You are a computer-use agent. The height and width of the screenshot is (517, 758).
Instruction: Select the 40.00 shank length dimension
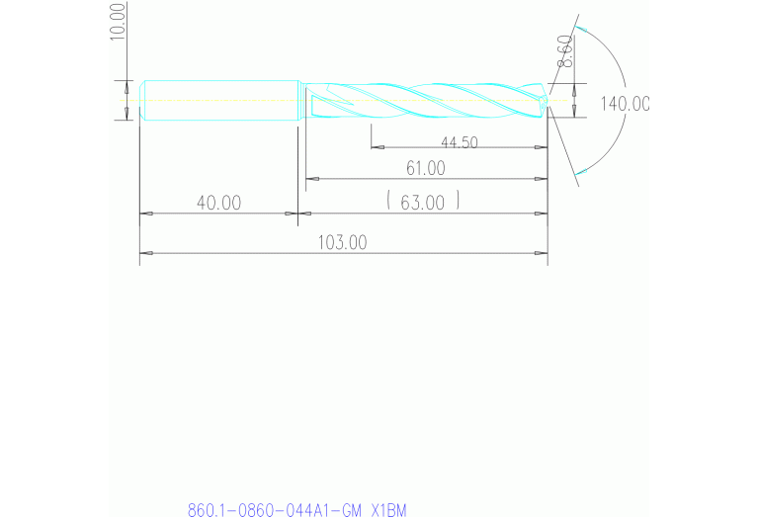point(218,203)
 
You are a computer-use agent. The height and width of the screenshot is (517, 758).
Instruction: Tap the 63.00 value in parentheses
point(423,203)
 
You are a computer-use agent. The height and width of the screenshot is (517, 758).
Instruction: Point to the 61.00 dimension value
point(425,168)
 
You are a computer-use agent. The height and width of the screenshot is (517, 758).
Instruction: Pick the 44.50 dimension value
point(459,142)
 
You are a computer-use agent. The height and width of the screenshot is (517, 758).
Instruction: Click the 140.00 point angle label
point(625,104)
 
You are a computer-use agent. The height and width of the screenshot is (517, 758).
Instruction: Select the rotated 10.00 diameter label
point(119,21)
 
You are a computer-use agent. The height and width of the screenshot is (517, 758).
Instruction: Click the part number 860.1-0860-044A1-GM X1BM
point(296,510)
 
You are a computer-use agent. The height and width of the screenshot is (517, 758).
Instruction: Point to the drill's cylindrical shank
point(219,101)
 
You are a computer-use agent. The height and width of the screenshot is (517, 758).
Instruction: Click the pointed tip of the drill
point(548,100)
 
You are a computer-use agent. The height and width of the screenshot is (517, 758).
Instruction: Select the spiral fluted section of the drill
point(425,100)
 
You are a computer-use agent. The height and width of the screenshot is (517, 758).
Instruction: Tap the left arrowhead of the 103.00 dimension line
point(145,253)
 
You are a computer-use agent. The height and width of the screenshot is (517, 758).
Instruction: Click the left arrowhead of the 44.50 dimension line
point(377,148)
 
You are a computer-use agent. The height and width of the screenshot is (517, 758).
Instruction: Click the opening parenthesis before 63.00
point(390,202)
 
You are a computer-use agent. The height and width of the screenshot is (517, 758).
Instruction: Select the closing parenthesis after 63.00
point(458,202)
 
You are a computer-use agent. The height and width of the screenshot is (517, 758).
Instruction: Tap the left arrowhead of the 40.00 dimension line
point(145,213)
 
